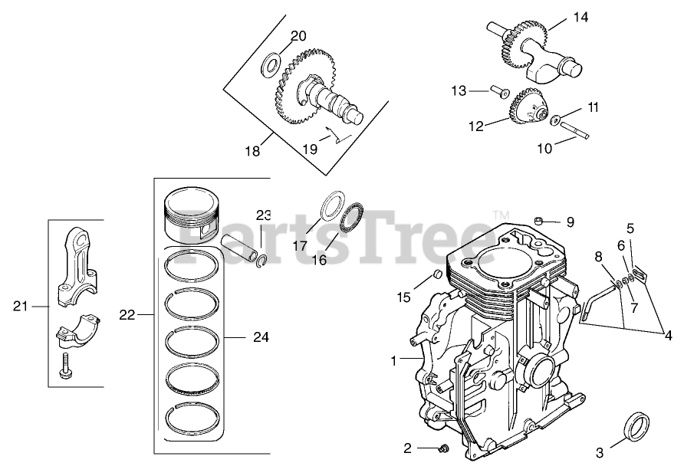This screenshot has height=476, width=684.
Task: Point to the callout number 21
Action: click(21, 307)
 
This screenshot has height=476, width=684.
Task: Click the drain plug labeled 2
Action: click(442, 448)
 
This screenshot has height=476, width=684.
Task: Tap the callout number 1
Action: click(394, 359)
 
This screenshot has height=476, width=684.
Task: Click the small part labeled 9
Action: click(539, 221)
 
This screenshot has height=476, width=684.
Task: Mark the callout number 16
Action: click(318, 260)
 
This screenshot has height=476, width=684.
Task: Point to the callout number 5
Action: click(630, 228)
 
